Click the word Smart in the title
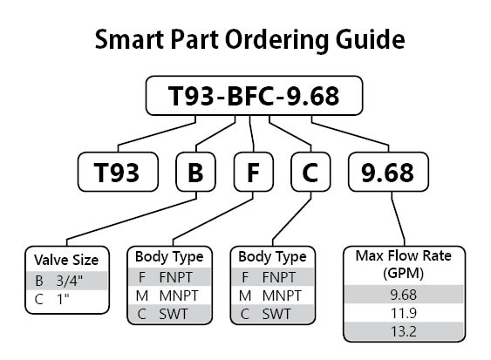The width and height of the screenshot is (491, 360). click(x=129, y=39)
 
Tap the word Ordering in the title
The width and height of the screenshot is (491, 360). click(x=276, y=41)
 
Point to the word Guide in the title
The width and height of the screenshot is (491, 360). click(x=370, y=39)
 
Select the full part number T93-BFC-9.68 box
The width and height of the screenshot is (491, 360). click(x=254, y=96)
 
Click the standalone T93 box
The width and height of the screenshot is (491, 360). click(x=118, y=172)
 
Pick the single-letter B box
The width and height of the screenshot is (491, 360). click(x=195, y=172)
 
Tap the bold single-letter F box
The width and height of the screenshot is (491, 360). click(x=253, y=172)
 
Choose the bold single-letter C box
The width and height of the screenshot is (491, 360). click(x=310, y=172)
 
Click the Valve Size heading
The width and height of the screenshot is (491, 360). click(x=66, y=260)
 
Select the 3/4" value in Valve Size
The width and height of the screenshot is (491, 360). click(x=70, y=281)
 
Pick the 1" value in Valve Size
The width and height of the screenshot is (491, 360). click(x=63, y=299)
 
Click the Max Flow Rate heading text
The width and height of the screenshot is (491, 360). click(x=403, y=255)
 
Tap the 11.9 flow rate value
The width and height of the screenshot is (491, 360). click(x=403, y=313)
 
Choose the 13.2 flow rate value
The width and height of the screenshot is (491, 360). click(x=403, y=331)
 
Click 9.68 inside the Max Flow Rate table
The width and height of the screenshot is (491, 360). click(x=403, y=295)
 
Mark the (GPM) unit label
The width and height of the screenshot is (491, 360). click(x=403, y=274)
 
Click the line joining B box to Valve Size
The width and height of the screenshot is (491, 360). click(x=132, y=219)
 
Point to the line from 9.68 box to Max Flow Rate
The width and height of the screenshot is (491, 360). click(x=398, y=219)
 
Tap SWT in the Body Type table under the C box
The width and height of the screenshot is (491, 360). click(x=276, y=314)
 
